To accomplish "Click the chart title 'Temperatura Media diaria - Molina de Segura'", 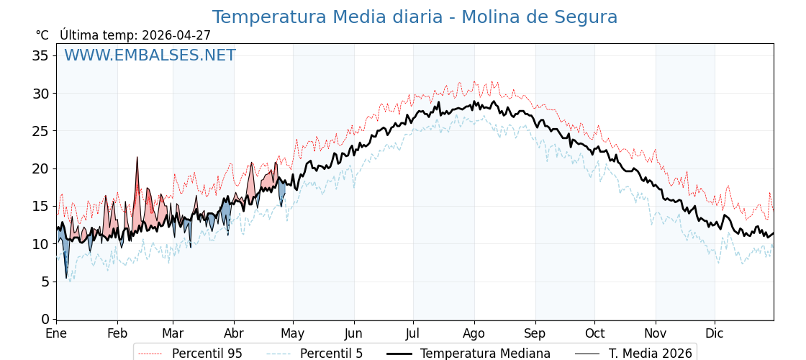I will (415, 17).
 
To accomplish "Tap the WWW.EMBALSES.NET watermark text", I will (150, 55).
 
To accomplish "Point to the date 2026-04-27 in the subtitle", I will (176, 35).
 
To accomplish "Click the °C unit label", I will (42, 35).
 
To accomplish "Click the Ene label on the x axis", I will (56, 333).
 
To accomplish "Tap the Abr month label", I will (234, 333).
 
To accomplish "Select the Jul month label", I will (413, 333).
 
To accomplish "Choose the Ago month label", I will (474, 333).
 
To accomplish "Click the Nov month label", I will (656, 333).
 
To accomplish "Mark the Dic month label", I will (715, 333).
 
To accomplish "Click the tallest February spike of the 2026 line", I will (137, 158).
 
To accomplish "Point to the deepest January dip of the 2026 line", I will (66, 277).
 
